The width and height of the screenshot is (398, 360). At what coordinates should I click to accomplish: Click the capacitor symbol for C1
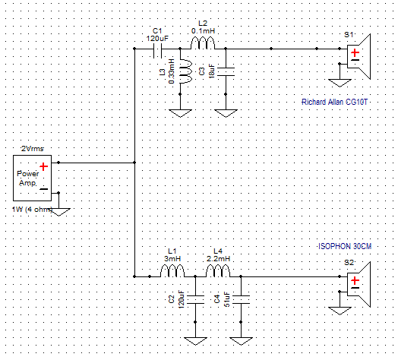(x=158, y=51)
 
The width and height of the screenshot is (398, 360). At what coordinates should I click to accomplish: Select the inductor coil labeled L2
(x=203, y=43)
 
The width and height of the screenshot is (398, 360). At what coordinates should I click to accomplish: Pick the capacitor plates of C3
(x=226, y=71)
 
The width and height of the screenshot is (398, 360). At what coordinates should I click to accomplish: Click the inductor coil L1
(x=172, y=271)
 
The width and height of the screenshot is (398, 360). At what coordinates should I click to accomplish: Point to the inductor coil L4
(x=218, y=271)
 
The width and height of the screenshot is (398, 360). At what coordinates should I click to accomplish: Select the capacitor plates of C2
(x=195, y=299)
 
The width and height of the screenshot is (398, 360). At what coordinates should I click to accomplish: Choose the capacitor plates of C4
(x=241, y=299)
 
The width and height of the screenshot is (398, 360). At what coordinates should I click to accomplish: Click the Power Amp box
(x=32, y=178)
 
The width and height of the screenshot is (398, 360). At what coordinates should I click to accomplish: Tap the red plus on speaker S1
(x=355, y=53)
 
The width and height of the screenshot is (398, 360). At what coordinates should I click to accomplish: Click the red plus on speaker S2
(x=355, y=280)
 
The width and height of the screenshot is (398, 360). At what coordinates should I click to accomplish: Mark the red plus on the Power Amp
(x=43, y=166)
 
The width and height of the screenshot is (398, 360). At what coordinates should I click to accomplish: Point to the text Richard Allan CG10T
(x=334, y=102)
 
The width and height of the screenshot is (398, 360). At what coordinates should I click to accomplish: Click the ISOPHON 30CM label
(x=345, y=246)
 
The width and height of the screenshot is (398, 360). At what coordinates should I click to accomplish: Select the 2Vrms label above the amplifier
(x=32, y=149)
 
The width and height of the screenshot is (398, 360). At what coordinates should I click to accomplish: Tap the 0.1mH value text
(x=203, y=31)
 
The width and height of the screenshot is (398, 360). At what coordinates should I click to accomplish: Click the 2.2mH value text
(x=218, y=259)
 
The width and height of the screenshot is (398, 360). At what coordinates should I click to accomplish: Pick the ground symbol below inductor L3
(x=180, y=113)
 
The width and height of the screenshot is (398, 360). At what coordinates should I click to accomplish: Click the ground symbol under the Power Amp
(x=59, y=212)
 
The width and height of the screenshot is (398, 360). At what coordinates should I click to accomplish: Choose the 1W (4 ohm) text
(x=32, y=210)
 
